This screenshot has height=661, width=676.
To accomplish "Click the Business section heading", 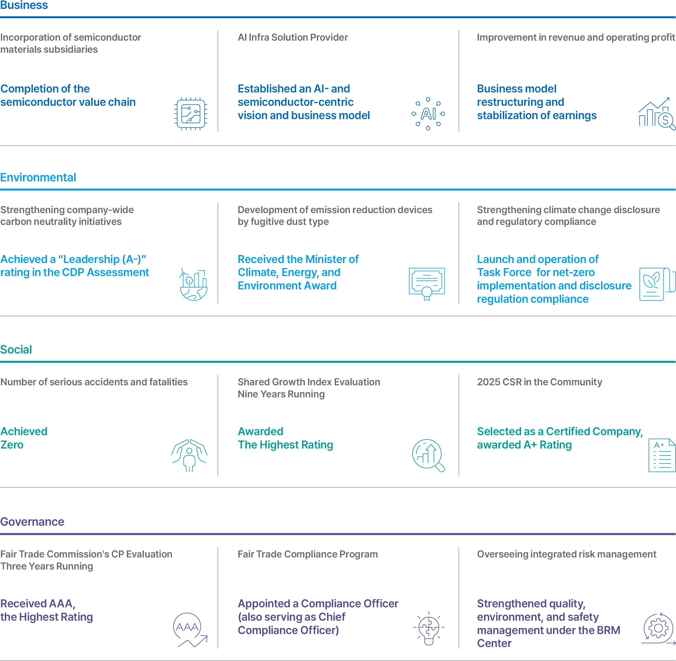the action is pos(24,5).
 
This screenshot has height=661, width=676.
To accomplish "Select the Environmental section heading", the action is pos(38,178).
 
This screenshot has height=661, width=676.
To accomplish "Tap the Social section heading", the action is pos(16,349).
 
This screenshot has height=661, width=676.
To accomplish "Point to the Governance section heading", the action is pos(32,522).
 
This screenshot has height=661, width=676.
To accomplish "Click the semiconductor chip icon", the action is pos(191,114).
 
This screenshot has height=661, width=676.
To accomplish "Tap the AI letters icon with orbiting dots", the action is pos(428,114).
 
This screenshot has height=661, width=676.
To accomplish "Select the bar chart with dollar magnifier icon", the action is pos(657,114).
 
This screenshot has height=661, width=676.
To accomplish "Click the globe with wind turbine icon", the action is pos(194,284).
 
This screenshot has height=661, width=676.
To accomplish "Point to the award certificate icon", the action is pos(427,284).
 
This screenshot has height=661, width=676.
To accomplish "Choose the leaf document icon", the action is pos(657,284).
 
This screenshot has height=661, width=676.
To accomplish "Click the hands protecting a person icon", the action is pos(189,455).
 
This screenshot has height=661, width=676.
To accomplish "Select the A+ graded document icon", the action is pos(662,455).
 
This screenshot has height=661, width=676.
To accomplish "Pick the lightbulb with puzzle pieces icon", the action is pos(429,628).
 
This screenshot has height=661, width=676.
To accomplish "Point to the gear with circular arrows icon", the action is pos(658,628).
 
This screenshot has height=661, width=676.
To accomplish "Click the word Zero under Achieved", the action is pos(12,445).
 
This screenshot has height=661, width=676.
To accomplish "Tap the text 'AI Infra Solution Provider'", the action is pos(293,37).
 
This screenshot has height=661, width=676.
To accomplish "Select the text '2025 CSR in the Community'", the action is pos(539,382).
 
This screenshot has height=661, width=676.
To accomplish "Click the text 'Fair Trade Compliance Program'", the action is pos(308,554).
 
